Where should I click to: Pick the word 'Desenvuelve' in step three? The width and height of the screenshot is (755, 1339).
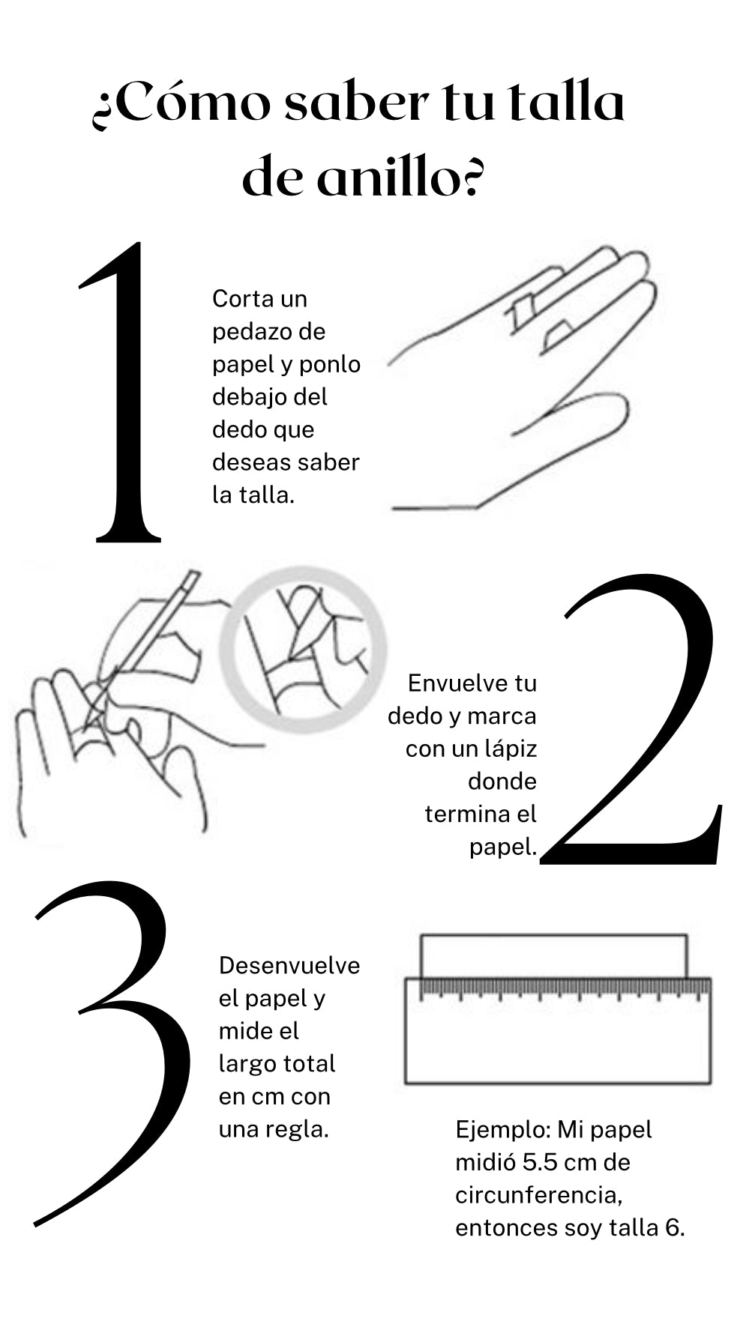(x=289, y=965)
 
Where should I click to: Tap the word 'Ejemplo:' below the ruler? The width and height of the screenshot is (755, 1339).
(x=502, y=1129)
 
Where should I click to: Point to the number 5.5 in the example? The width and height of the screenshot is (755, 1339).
(x=539, y=1162)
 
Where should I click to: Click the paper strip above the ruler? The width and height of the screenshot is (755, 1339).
(x=553, y=955)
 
